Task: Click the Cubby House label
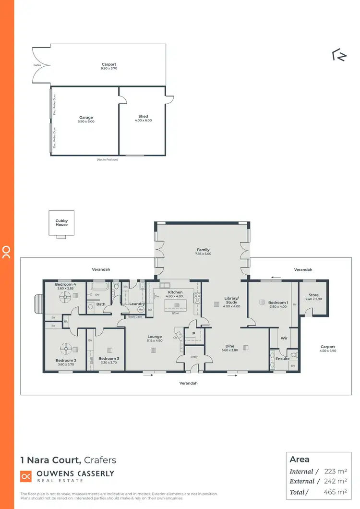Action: pos(61,223)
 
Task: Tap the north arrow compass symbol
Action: pos(339,56)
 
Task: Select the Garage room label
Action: pos(86,117)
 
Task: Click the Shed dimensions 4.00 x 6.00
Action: pos(143,121)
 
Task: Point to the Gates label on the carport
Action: pos(37,65)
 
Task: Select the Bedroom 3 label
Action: pos(108,358)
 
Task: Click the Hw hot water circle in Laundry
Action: pos(141,310)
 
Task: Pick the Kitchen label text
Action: pos(175,292)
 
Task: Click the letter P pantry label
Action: pos(193,333)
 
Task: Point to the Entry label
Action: pos(194,356)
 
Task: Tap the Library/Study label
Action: pos(231,300)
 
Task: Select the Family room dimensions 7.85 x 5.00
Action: pos(204,254)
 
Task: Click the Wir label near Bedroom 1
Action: pos(284,338)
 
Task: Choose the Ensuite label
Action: pos(282,359)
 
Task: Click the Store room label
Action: pos(313,295)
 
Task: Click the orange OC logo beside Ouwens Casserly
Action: pos(26,476)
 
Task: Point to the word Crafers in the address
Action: pos(100,460)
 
